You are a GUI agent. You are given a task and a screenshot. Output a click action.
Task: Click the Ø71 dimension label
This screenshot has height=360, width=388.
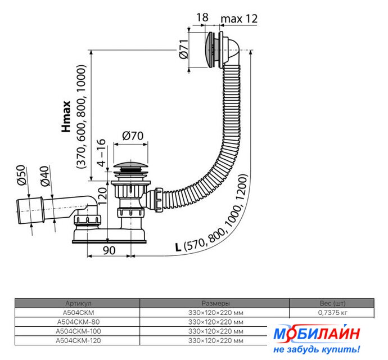(184, 49)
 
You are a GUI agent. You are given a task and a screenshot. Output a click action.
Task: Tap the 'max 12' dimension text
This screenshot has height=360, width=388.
(239, 19)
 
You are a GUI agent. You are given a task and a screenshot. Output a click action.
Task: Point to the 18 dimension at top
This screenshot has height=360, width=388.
(202, 17)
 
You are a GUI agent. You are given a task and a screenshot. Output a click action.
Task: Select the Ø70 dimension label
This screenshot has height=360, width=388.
(133, 136)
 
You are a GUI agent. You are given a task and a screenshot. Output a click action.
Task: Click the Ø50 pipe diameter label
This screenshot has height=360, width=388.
(21, 175)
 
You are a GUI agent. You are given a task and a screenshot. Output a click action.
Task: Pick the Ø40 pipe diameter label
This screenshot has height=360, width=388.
(46, 176)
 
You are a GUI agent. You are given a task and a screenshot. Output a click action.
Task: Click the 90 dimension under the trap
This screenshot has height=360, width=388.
(109, 250)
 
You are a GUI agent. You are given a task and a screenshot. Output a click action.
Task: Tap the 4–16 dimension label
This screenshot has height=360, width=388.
(101, 152)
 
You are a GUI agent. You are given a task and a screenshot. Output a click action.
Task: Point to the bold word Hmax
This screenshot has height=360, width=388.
(66, 116)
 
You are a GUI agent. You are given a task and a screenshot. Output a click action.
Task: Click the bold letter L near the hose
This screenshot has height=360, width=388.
(178, 247)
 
